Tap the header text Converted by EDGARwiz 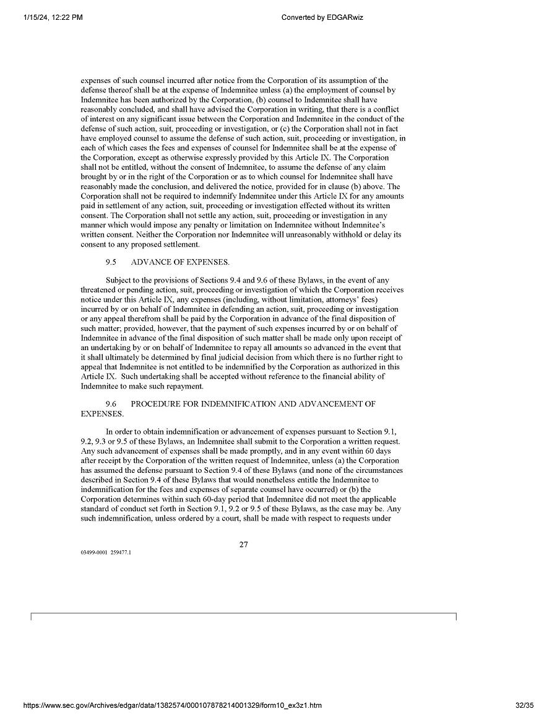[x=322, y=17]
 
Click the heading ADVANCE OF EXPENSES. [x=180, y=262]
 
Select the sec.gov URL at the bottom [x=172, y=705]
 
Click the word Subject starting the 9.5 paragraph [x=119, y=281]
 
